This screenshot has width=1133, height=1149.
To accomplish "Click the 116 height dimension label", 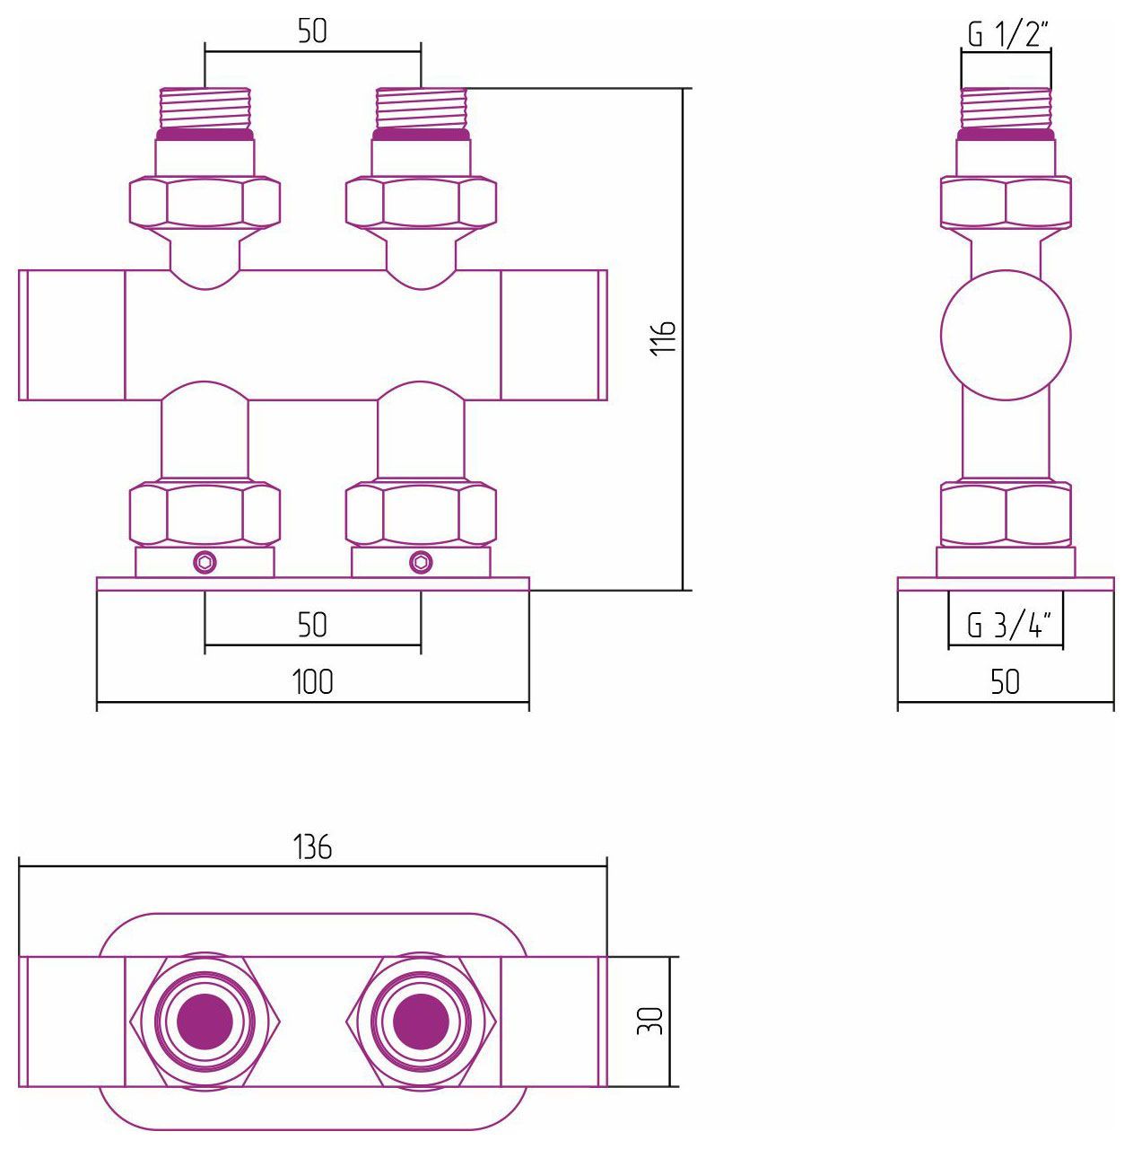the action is pos(663,338).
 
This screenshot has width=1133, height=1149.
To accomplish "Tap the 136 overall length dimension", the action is pos(313,846).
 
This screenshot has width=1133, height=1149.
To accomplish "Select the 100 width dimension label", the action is pos(313,681).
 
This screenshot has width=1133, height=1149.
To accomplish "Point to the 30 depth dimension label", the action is pos(649,1021).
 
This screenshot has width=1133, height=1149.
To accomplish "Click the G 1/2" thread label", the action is pos(1007,34).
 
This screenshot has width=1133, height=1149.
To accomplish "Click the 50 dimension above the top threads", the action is pos(313,31).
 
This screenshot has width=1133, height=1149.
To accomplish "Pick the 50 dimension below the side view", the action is pos(1006,681).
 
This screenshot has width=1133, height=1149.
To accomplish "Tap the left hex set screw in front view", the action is pos(205,562).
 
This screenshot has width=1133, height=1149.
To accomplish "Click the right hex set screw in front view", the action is pos(421,562).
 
